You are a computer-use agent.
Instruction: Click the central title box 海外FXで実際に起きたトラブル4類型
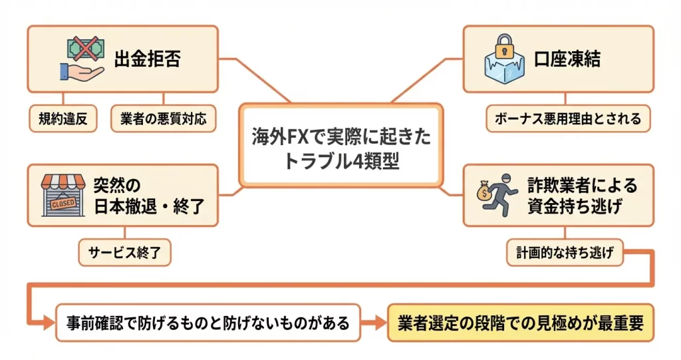click(x=340, y=145)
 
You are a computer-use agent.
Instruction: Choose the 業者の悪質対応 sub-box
click(x=164, y=119)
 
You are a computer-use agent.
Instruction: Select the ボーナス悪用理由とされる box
click(x=567, y=119)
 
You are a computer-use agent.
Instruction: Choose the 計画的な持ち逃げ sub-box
click(x=564, y=252)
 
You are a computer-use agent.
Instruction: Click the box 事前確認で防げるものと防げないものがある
click(x=207, y=323)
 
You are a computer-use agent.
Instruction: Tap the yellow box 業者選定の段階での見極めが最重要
click(x=521, y=323)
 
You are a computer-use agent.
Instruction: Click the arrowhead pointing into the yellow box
click(x=380, y=323)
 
